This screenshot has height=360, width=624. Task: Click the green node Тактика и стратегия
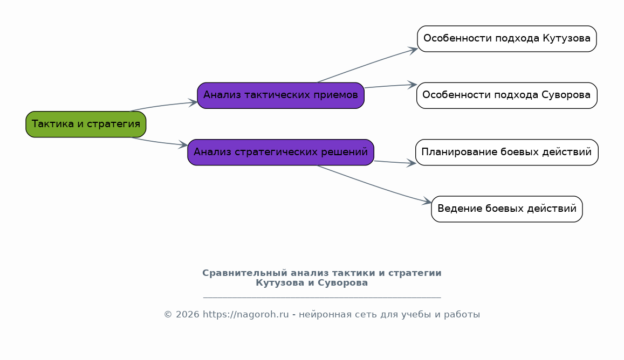[x=86, y=124]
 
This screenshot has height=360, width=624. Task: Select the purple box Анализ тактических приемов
[x=280, y=95]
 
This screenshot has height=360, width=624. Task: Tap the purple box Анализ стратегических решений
[x=280, y=153]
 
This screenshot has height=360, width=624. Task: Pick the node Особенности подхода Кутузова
[x=506, y=39]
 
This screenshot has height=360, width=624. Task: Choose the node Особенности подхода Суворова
[x=506, y=95]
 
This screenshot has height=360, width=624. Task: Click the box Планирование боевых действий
[x=506, y=153]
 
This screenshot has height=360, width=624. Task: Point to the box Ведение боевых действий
[x=506, y=209]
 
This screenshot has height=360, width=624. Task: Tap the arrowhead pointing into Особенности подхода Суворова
[x=412, y=85]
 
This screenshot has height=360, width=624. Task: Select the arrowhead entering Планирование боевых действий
[x=411, y=163]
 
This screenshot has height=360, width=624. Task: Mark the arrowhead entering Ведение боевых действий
[x=427, y=201]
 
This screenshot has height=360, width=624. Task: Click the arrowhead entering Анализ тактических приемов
[x=193, y=102]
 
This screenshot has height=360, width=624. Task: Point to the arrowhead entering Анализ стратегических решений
[x=183, y=145]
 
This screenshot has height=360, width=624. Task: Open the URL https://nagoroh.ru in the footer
[x=245, y=315]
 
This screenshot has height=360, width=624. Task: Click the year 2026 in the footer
[x=188, y=315]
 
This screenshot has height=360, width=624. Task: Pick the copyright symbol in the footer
[x=168, y=315]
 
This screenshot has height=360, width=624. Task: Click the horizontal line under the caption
[x=322, y=297]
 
